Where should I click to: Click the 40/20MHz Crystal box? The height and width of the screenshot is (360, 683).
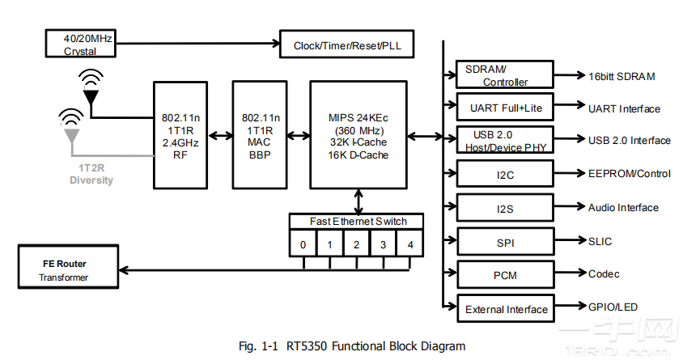coord(79,44)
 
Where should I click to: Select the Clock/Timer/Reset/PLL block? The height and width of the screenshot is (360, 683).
coord(346,45)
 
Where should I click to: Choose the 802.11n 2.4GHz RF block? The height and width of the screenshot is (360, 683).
coord(180,134)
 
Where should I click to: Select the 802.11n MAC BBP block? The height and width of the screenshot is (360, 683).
coord(261,134)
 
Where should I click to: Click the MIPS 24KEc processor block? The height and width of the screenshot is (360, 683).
coord(358,134)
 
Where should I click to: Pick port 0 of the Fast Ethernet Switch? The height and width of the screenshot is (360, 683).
coord(303,244)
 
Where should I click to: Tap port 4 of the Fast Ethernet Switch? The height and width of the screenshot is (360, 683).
coord(410,244)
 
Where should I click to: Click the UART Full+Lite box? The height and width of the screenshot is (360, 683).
coord(504,108)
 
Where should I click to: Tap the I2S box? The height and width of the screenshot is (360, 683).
coord(504,208)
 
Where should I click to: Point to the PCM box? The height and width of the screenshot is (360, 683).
coord(504,275)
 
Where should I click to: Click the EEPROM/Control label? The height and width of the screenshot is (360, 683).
coord(630,174)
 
